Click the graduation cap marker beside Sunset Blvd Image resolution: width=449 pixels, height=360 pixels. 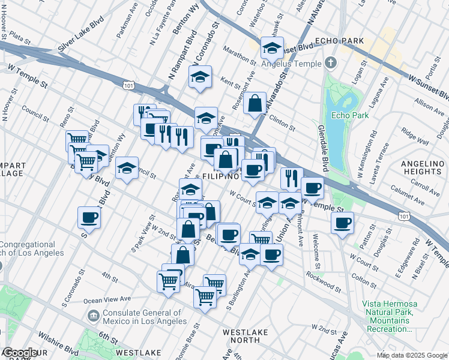(x=272, y=47)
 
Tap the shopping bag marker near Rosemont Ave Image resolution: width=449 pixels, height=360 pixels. (x=255, y=103)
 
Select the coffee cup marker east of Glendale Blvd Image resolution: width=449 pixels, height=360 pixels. (x=342, y=223)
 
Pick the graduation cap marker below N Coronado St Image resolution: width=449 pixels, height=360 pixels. (x=200, y=77)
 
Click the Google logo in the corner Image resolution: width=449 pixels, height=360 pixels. (x=20, y=353)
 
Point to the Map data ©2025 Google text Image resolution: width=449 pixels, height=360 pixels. (x=411, y=355)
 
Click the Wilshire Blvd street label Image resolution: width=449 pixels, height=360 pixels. (x=58, y=347)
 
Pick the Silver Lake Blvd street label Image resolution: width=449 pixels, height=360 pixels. (x=81, y=40)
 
